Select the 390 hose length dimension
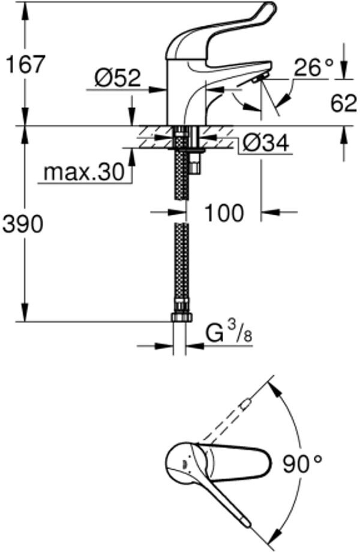23,224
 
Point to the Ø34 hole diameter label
266,143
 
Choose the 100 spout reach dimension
224,212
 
